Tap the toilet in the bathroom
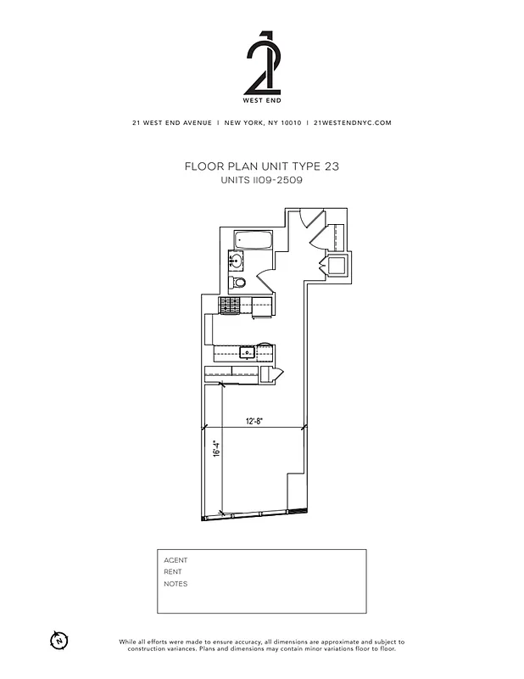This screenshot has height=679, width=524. [239, 283]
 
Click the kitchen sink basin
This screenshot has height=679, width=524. [248, 351]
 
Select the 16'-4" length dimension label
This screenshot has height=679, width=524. [217, 448]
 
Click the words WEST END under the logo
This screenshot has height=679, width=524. [261, 102]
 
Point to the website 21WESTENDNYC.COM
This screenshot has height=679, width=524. [352, 122]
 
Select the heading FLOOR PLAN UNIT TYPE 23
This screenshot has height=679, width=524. [261, 166]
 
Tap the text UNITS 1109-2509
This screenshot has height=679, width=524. [261, 180]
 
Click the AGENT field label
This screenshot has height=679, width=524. [176, 560]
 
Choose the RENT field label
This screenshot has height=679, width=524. [173, 572]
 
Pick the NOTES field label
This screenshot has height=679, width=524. [176, 584]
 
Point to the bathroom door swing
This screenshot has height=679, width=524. [265, 279]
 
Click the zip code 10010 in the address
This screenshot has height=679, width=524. [290, 122]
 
